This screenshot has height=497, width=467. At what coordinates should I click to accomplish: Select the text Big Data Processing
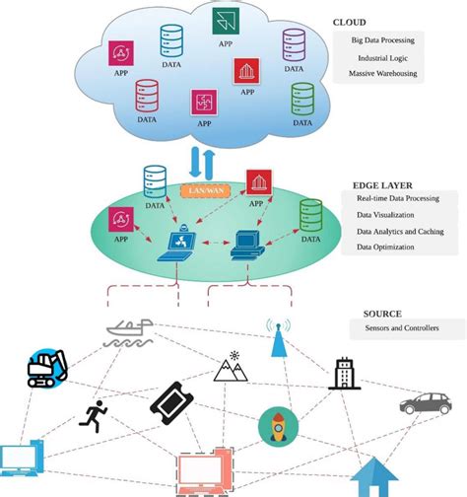[x=387, y=40]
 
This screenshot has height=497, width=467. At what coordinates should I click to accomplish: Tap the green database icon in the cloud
[x=301, y=97]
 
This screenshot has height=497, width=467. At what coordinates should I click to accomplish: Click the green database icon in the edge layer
[x=311, y=215]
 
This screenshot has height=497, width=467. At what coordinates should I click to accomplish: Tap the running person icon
[x=94, y=416]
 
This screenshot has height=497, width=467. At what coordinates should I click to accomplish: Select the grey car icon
[x=426, y=402]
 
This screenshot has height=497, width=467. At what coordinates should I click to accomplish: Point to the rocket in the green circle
[x=278, y=425]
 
